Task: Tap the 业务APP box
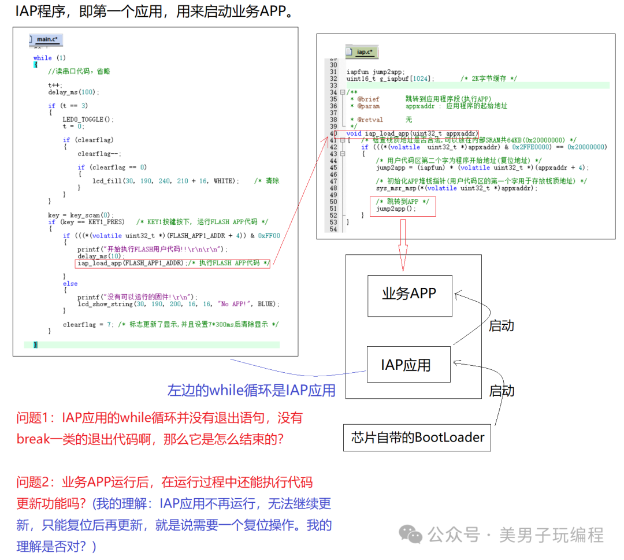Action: [409, 294]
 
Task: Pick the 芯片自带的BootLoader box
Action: [418, 437]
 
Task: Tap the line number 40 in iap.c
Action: [333, 133]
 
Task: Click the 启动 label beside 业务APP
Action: [501, 325]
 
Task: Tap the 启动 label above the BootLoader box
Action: [501, 391]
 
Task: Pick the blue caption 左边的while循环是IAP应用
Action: [251, 391]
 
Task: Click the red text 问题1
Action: [35, 418]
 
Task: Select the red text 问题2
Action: [35, 482]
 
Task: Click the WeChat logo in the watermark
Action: [411, 535]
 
